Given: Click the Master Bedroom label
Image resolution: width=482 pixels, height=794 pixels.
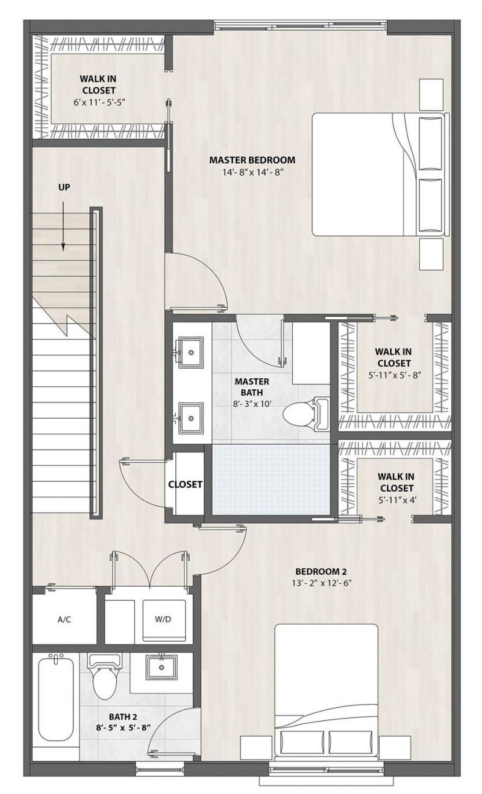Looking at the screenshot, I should pos(252,160).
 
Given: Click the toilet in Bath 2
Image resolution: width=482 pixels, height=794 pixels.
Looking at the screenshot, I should pos(104,678).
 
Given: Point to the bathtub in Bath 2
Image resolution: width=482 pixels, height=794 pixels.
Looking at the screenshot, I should pos(55,699).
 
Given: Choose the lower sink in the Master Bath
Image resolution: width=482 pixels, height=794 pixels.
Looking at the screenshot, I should pos(192,416).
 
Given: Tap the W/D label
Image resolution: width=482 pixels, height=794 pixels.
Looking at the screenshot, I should pos(163,619).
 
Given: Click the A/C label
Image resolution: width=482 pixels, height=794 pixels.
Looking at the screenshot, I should pos(65,619).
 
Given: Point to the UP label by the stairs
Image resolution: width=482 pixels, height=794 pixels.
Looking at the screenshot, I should pos(64,187).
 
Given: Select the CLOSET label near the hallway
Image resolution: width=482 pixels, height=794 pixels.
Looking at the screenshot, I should pos(185,484).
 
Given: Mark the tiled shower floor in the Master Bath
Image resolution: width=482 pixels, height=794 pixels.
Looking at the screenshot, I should pos(271,480).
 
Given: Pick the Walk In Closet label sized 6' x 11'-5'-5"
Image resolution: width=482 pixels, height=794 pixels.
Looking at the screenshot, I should pos(98,90).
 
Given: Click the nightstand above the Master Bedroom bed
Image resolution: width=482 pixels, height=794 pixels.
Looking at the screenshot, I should pos(431,94).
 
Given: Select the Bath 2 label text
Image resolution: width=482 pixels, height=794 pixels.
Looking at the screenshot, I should pos(122,716).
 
